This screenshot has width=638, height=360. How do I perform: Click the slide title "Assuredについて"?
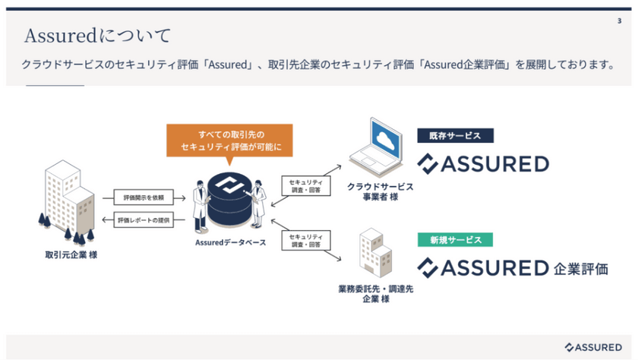tap(97, 36)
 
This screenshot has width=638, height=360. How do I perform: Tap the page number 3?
tap(619, 22)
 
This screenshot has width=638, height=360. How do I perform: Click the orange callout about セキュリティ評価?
tap(229, 139)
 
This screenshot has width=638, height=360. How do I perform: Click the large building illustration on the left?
tap(67, 197)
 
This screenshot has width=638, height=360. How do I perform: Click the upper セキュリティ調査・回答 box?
tap(305, 186)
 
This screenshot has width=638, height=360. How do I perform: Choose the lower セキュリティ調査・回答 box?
tap(305, 240)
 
